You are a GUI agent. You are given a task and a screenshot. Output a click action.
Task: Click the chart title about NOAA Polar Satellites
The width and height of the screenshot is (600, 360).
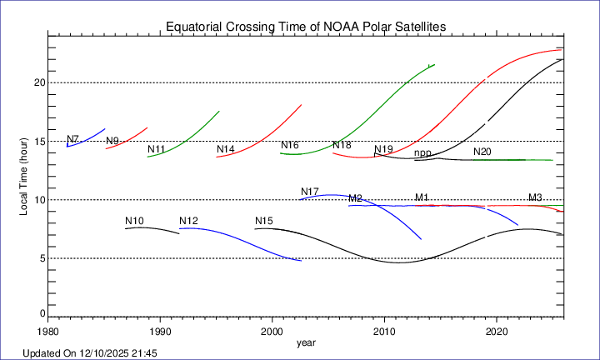[307, 27]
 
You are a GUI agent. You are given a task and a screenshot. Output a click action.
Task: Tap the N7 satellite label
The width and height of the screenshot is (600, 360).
[73, 139]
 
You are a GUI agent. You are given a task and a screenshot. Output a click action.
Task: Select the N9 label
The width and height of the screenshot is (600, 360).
[112, 141]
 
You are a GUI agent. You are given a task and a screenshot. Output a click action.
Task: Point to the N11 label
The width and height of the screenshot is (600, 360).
[156, 150]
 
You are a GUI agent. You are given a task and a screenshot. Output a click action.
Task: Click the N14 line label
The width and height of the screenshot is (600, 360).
[225, 150]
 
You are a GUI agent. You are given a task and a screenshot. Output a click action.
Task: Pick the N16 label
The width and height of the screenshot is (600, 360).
[289, 146]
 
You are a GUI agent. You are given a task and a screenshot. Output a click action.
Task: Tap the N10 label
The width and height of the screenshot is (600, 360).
[135, 221]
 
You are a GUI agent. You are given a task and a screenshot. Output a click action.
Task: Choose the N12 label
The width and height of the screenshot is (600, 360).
[188, 221]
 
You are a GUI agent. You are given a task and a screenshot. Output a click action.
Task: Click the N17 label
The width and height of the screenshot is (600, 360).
[310, 192]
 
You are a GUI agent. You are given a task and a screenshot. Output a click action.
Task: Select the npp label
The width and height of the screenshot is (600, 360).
[422, 153]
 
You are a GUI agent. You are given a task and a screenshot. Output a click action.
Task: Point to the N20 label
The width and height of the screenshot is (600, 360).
[482, 152]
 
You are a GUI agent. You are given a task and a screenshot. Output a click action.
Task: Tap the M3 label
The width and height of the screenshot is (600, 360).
[535, 197]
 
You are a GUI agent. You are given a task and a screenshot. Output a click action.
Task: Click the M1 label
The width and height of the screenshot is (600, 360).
[422, 197]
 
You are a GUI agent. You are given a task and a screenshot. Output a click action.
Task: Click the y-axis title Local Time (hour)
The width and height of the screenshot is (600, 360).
[25, 176]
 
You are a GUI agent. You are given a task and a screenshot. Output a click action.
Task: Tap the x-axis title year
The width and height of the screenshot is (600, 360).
[306, 342]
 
